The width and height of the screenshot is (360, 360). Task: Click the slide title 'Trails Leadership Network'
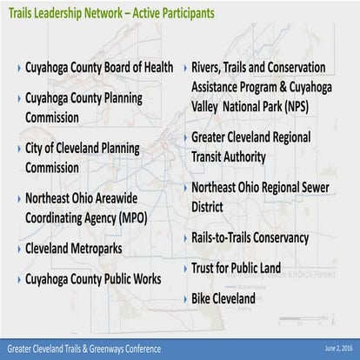pyautogui.click(x=65, y=13)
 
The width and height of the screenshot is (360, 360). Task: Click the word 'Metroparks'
pyautogui.click(x=120, y=249)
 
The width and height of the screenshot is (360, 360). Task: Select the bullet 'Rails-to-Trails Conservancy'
pyautogui.click(x=250, y=237)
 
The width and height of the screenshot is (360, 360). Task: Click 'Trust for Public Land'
pyautogui.click(x=237, y=268)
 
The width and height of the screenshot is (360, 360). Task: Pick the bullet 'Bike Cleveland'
pyautogui.click(x=223, y=298)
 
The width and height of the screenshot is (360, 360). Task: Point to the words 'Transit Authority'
pyautogui.click(x=238, y=157)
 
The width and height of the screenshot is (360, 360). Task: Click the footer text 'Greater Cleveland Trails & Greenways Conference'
pyautogui.click(x=84, y=348)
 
